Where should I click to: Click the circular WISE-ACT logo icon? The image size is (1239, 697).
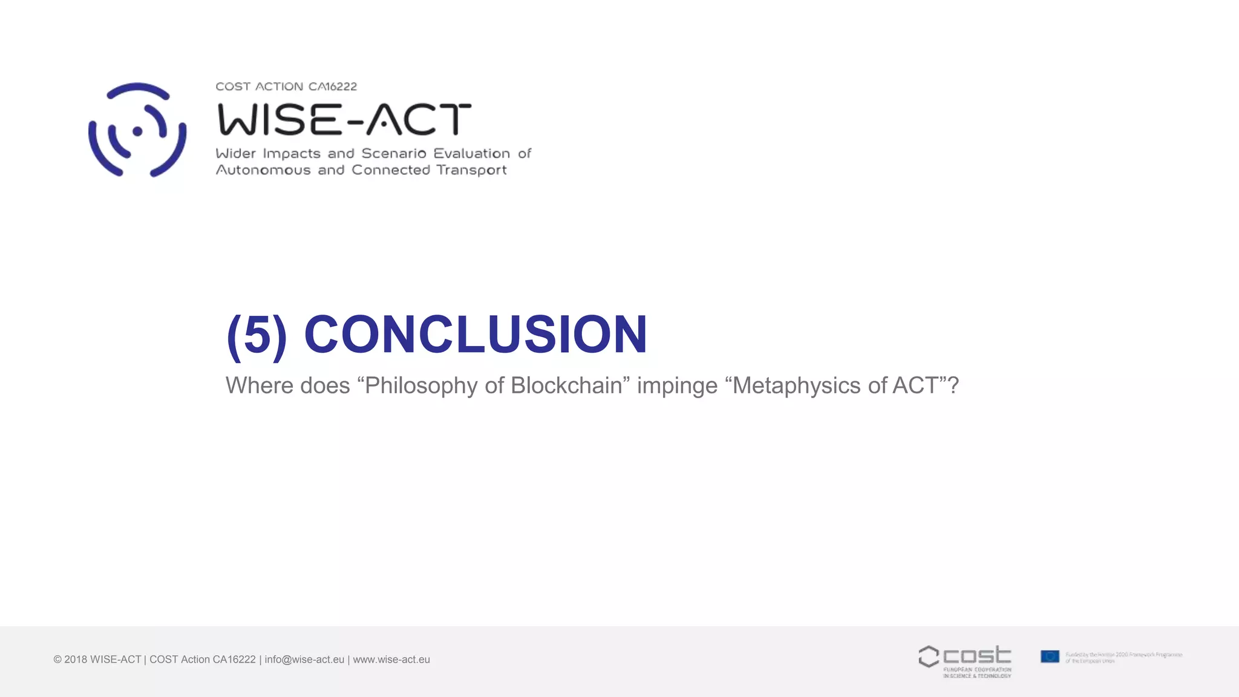tap(137, 130)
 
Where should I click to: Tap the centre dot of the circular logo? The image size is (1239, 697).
tap(137, 131)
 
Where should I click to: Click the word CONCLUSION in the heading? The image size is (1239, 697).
tap(476, 335)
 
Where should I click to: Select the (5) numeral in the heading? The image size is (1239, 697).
tap(257, 336)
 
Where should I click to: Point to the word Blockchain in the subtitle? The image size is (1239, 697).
tap(566, 385)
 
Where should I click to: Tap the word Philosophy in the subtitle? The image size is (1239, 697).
tap(421, 386)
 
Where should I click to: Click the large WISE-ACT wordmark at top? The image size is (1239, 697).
tap(344, 119)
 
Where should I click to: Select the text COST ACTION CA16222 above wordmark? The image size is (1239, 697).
tap(286, 87)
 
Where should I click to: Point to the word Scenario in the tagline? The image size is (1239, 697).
tap(394, 154)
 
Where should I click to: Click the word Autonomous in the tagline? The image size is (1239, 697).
tap(263, 170)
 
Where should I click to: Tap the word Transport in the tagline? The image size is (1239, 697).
tap(471, 171)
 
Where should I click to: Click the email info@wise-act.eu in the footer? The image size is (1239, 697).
tap(304, 659)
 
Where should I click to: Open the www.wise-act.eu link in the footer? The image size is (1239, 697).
tap(391, 659)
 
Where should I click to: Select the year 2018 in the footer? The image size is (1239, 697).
tap(76, 659)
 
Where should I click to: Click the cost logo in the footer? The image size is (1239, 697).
tap(965, 661)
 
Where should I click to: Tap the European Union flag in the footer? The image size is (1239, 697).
tap(1050, 656)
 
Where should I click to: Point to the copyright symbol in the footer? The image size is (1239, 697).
tap(57, 659)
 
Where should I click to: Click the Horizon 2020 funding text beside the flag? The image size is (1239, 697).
tap(1123, 658)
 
